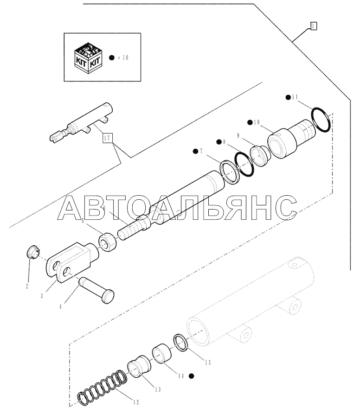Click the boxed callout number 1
[314, 26]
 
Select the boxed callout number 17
[108, 138]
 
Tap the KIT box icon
[88, 57]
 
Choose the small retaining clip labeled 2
[31, 254]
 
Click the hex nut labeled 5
[107, 242]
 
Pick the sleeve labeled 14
[163, 353]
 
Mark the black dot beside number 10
[250, 122]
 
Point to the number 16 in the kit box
[124, 57]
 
